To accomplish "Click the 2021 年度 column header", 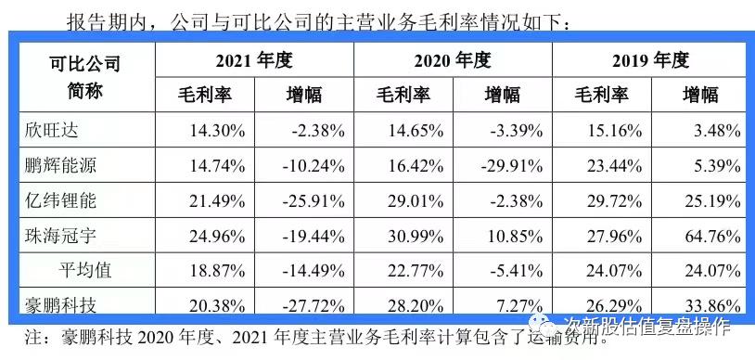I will click(x=254, y=61).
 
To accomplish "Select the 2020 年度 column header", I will click(x=453, y=61).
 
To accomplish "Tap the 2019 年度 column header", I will click(x=651, y=61).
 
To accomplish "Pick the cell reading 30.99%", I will click(x=412, y=237).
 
